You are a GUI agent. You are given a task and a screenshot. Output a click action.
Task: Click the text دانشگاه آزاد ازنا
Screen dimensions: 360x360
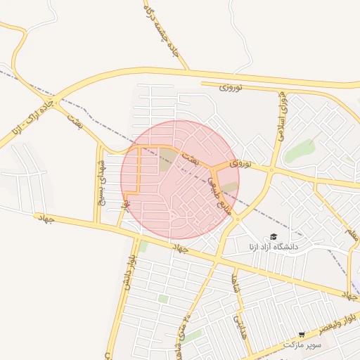(274, 247)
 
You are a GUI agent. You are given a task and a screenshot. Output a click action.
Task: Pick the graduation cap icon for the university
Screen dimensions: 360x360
(274, 237)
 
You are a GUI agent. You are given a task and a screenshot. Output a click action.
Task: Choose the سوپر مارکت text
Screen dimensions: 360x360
(302, 345)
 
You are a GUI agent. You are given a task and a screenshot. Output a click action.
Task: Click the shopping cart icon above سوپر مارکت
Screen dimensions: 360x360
(302, 335)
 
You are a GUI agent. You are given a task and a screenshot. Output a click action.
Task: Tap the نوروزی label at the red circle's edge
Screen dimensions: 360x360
(238, 163)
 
